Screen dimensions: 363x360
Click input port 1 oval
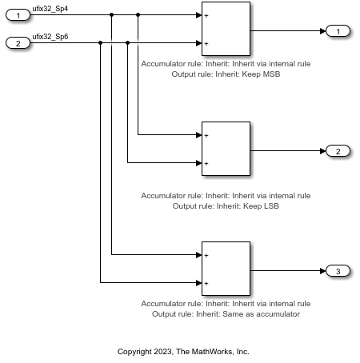click(x=18, y=14)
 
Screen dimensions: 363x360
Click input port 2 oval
click(x=18, y=43)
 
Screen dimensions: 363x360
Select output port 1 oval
click(x=338, y=31)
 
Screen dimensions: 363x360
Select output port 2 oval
click(x=338, y=151)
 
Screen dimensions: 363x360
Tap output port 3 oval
click(x=338, y=272)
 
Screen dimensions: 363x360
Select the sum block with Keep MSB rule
click(x=226, y=30)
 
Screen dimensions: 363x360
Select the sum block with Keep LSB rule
click(x=226, y=150)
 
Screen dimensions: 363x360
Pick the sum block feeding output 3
click(x=226, y=269)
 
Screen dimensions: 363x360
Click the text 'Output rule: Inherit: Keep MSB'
click(x=226, y=74)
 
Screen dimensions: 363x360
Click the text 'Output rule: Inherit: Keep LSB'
click(x=226, y=206)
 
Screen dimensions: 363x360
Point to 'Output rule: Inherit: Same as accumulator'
click(x=226, y=314)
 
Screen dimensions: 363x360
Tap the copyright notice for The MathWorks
click(x=183, y=351)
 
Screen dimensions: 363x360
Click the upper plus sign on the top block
click(x=206, y=15)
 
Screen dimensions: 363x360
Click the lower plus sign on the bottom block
click(x=206, y=283)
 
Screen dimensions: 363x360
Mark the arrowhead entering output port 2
click(x=322, y=151)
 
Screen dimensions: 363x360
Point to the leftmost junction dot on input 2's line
click(x=100, y=43)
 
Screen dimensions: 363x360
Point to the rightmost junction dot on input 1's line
click(x=138, y=14)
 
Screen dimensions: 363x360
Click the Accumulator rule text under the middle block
click(x=226, y=195)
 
